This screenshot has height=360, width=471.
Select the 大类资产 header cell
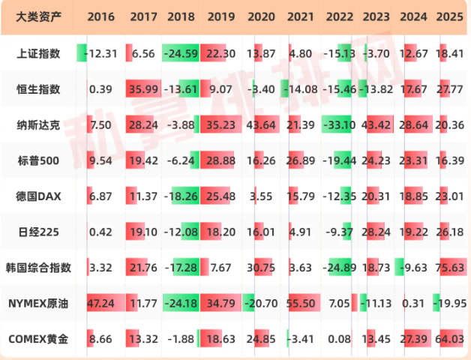[x=40, y=16]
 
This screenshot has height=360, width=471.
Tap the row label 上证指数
[x=40, y=53]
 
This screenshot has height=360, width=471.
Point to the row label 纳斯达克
[x=40, y=124]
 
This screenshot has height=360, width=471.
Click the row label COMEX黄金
[x=40, y=339]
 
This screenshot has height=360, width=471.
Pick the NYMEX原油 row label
[x=40, y=303]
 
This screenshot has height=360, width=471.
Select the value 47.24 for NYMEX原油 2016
[x=100, y=303]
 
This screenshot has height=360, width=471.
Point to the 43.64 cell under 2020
[x=260, y=124]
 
